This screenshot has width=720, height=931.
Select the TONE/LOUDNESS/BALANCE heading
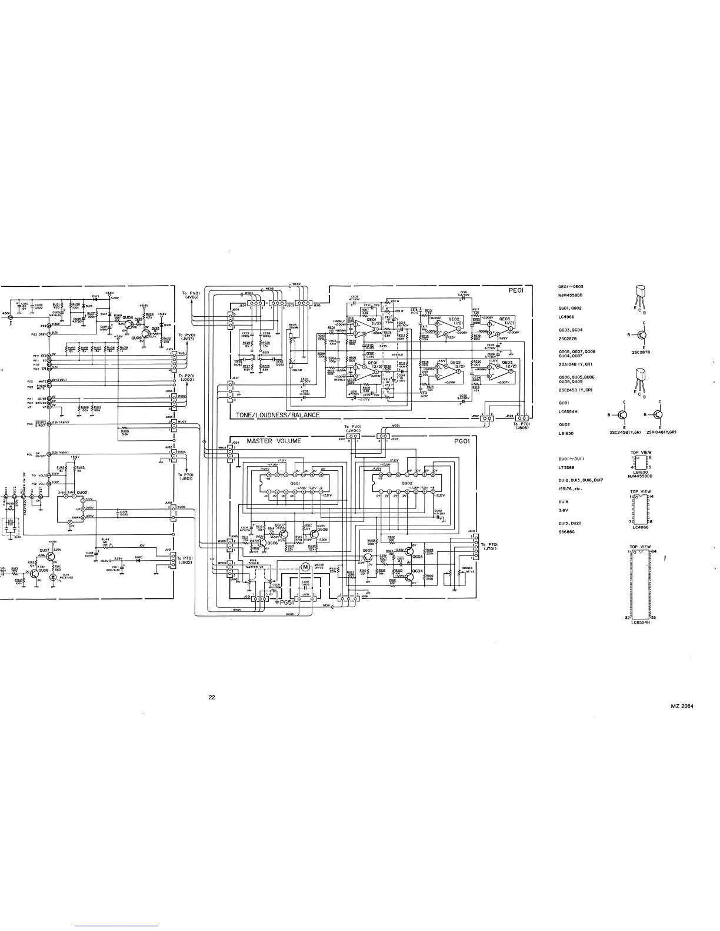[x=278, y=415]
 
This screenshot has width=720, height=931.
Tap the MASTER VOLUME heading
[x=274, y=441]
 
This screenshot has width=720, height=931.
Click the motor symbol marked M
[x=305, y=566]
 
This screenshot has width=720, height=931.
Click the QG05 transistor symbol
[x=369, y=557]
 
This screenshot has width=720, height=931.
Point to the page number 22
[x=212, y=698]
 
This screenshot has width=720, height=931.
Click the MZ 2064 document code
[x=682, y=706]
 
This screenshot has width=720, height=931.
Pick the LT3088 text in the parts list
[x=566, y=468]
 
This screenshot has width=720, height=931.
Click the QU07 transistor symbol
[x=51, y=555]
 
